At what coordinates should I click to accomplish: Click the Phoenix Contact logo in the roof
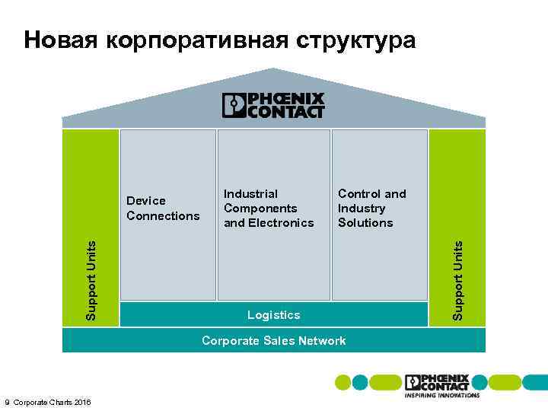[x=273, y=106]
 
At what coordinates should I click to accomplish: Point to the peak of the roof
[x=273, y=70]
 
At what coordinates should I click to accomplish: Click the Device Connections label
[x=163, y=208]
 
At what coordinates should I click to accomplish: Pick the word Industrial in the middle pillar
[x=250, y=193]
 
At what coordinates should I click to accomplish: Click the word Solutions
[x=365, y=223]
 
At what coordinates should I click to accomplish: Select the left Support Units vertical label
[x=91, y=280]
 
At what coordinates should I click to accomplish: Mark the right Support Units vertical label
[x=457, y=280]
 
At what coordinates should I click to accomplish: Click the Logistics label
[x=274, y=315]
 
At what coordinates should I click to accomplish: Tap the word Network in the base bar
[x=322, y=341]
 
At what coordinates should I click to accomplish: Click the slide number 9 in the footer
[x=7, y=402]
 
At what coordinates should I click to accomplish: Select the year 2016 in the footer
[x=81, y=402]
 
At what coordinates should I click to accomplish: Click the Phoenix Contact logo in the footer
[x=437, y=382]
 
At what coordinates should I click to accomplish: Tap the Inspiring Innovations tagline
[x=442, y=396]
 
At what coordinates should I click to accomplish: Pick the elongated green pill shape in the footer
[x=386, y=382]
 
